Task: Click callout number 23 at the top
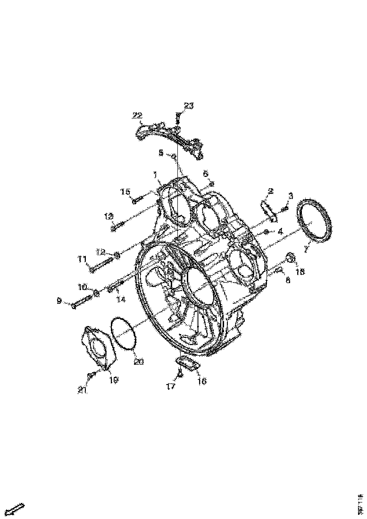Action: pos(188,106)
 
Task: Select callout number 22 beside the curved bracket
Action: pos(137,115)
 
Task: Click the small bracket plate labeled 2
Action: pos(268,209)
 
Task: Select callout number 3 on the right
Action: pos(290,196)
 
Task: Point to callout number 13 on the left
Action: pos(109,216)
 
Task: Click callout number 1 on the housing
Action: pos(154,175)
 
